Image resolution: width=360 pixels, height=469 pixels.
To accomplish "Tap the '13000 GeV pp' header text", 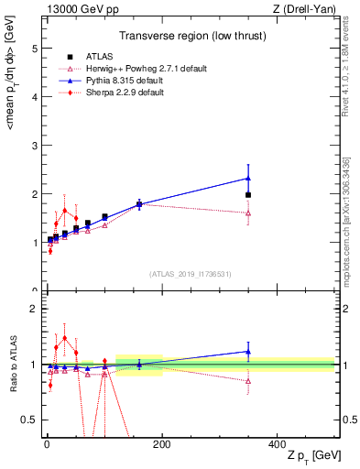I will pos(79,10).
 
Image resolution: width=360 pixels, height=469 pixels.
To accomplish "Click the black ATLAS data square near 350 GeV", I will pos(248,195).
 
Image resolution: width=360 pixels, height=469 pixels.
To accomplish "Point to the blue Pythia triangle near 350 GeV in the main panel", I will pos(248,179).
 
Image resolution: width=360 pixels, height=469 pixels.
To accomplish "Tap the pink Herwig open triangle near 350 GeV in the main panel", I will pos(248,213).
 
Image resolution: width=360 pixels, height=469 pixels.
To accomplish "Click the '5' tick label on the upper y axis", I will pos(34,49).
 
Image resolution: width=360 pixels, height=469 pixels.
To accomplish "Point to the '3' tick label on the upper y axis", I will pos(34,146).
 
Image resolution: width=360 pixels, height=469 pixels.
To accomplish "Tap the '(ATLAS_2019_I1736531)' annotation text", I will pos(190,273).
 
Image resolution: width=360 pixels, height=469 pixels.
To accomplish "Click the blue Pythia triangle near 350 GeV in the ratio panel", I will pos(248,351).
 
